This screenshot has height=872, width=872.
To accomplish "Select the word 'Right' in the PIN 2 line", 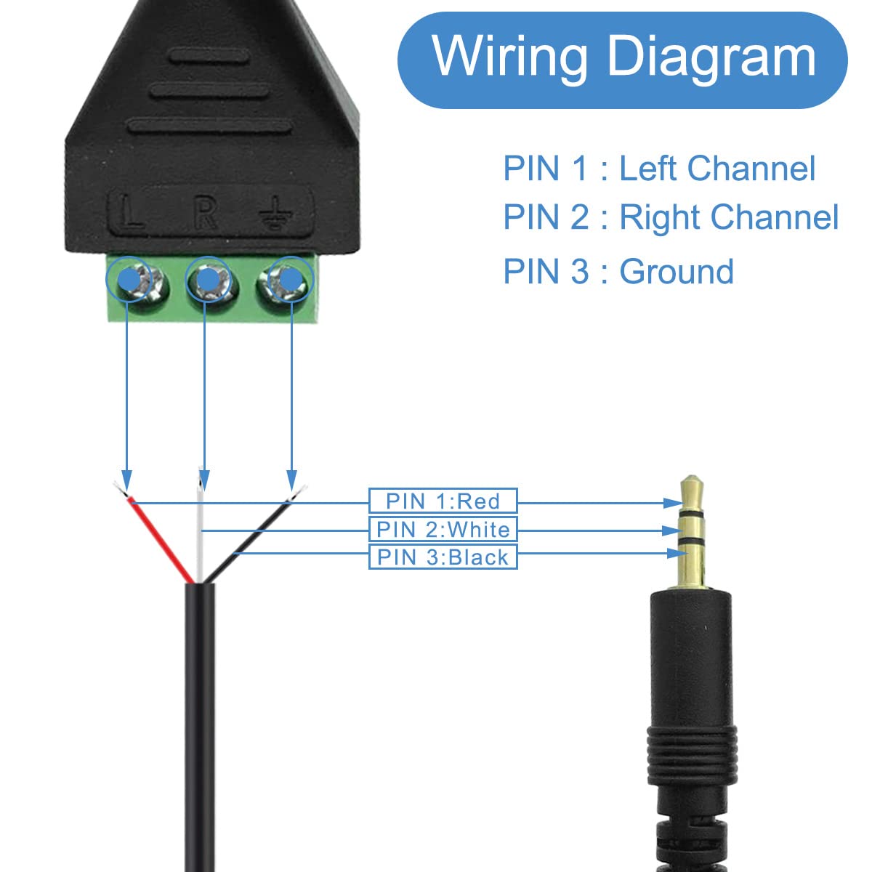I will tap(659, 217).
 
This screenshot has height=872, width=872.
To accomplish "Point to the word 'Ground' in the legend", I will tap(676, 272).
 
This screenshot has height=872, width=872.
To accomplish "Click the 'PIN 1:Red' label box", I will tap(443, 501).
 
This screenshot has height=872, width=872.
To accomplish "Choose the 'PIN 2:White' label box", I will tap(443, 529).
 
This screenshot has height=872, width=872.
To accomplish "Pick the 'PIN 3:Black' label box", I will tap(443, 557).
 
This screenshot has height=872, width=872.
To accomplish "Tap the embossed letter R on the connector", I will tap(205, 212).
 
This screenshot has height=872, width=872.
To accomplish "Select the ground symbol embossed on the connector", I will tap(277, 215).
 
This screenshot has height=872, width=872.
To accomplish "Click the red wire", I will tap(160, 538).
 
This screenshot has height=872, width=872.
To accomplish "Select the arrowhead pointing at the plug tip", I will tap(671, 502).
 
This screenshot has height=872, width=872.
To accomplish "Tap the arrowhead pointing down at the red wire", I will tap(127, 481).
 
